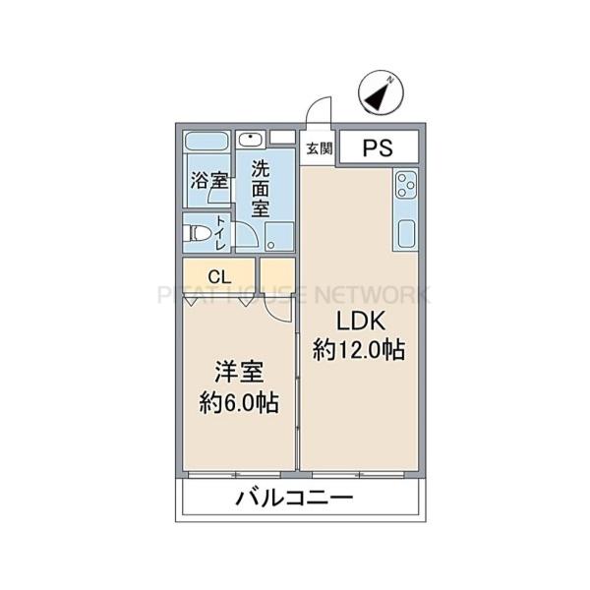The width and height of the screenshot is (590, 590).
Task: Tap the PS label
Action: (x=379, y=148)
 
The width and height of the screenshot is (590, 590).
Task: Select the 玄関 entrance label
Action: (x=318, y=149)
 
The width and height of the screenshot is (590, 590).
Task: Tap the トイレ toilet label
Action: (x=221, y=234)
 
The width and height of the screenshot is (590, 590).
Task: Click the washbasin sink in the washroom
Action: (x=253, y=139)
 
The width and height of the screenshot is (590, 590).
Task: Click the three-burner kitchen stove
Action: (x=406, y=184)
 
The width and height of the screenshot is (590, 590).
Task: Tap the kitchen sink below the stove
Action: (x=406, y=234)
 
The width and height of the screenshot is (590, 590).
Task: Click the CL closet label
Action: (x=219, y=276)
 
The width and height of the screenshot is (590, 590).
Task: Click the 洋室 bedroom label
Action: (x=240, y=374)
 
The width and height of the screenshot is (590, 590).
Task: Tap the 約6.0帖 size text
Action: (x=240, y=401)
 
